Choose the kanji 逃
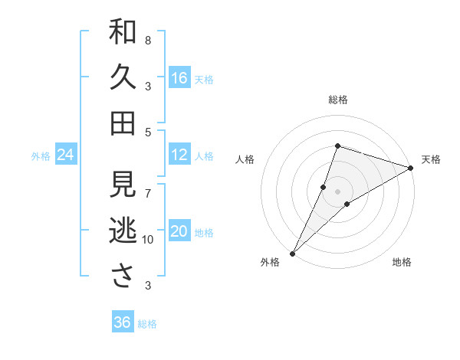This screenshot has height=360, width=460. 123,230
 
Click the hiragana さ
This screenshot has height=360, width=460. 123,276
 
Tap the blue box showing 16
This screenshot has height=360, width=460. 179,78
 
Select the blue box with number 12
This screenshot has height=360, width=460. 179,155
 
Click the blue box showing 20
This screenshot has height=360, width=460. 179,232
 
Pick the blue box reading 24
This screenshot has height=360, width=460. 66,155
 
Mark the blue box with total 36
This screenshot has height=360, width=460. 123,322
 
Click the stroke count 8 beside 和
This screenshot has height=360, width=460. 148,40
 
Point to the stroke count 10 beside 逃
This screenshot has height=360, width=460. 148,240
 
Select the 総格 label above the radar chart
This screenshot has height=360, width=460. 337,100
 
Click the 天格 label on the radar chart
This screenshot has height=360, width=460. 432,159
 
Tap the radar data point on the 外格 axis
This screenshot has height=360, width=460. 292,253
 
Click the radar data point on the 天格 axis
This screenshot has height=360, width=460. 410,168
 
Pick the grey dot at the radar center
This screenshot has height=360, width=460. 337,191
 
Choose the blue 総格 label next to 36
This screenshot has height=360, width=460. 147,324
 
